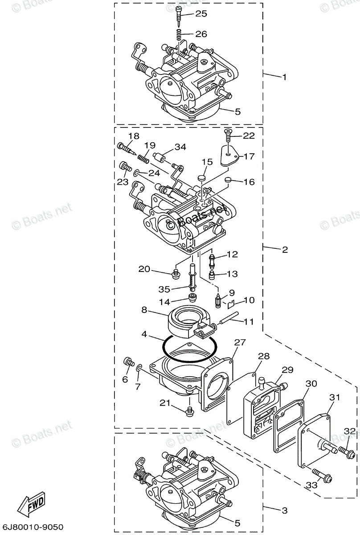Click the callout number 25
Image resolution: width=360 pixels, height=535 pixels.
(201, 14)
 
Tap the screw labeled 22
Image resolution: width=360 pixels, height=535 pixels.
(228, 133)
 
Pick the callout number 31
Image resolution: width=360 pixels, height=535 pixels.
(334, 398)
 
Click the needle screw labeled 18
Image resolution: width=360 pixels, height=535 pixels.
(127, 148)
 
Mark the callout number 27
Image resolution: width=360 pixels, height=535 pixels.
(240, 342)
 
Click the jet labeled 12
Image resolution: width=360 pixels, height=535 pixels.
(212, 258)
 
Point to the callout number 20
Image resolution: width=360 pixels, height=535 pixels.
(144, 269)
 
